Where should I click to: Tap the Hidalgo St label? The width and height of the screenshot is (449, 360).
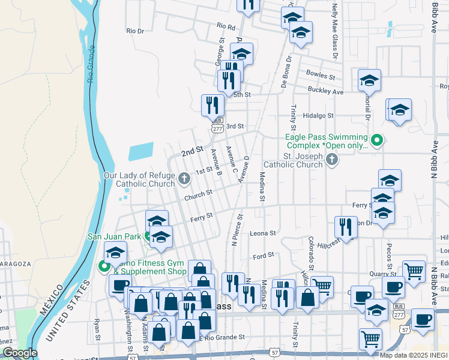[318, 115]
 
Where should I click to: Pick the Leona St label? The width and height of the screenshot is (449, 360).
[262, 233]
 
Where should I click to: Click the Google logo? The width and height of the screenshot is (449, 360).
[19, 353]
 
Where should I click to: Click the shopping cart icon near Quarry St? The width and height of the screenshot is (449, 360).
[414, 271]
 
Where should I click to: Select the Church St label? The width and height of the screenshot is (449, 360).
[198, 194]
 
